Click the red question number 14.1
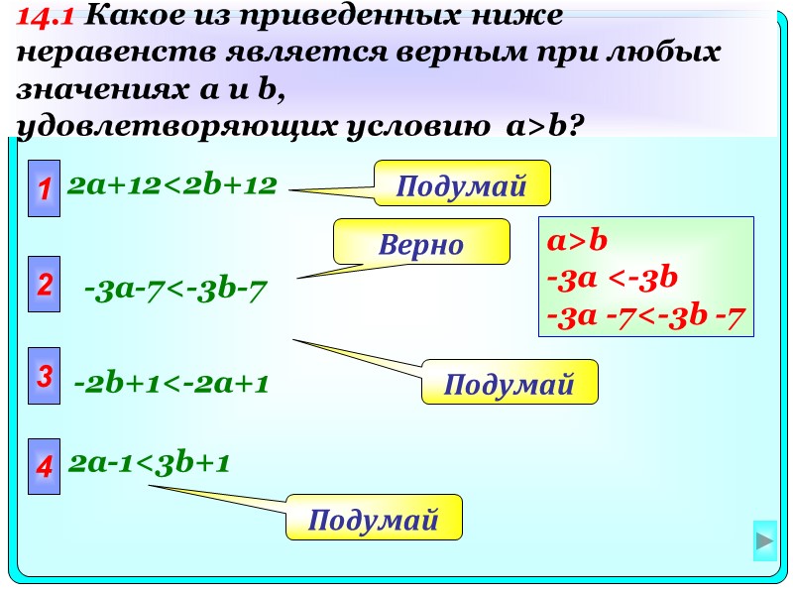tap(48, 16)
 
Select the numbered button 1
tap(45, 186)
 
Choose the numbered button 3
tap(45, 377)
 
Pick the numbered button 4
tap(45, 465)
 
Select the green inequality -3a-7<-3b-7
tap(176, 291)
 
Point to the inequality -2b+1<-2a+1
tap(171, 384)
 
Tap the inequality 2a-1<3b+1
tap(150, 462)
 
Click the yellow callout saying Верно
tap(421, 243)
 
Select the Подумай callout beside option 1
tap(460, 183)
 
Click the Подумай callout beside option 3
tap(510, 382)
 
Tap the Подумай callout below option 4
tap(374, 518)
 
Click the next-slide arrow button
tap(764, 541)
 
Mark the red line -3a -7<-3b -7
tap(645, 316)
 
